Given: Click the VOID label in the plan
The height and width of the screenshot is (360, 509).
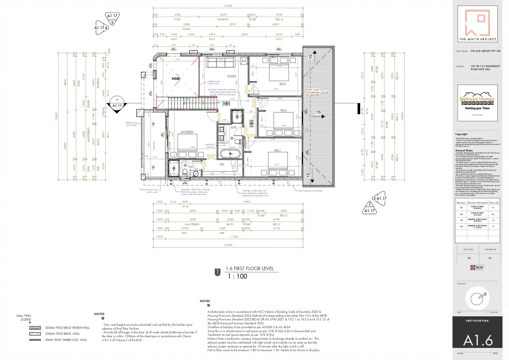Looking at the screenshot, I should pyautogui.click(x=176, y=79).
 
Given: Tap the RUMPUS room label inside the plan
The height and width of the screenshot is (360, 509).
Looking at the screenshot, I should pyautogui.click(x=232, y=76).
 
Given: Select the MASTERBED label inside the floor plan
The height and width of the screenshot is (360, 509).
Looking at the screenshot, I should pyautogui.click(x=187, y=132).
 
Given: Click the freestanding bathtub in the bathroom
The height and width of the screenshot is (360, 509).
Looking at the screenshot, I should pyautogui.click(x=230, y=154).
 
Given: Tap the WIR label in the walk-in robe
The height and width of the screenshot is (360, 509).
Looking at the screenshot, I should pyautogui.click(x=222, y=164).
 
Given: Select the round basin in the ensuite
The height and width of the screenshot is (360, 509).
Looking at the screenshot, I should pyautogui.click(x=196, y=174).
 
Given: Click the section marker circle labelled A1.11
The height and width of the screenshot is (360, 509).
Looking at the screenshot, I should pyautogui.click(x=117, y=103).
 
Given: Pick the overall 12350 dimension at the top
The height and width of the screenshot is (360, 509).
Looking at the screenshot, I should pyautogui.click(x=228, y=6).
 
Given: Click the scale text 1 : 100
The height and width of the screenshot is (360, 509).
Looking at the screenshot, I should pyautogui.click(x=237, y=276).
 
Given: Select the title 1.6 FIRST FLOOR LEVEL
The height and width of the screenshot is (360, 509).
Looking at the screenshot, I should pyautogui.click(x=250, y=268).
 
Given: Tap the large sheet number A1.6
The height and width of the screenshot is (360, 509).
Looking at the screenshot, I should pyautogui.click(x=478, y=340).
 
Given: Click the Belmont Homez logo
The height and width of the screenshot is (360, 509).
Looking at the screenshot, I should pyautogui.click(x=477, y=102).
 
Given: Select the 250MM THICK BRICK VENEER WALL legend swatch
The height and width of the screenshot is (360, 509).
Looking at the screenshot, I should pyautogui.click(x=35, y=328).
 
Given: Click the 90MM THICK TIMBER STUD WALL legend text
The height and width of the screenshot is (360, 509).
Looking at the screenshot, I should pyautogui.click(x=66, y=340).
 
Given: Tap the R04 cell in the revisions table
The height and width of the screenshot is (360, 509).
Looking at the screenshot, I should pyautogui.click(x=461, y=226).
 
